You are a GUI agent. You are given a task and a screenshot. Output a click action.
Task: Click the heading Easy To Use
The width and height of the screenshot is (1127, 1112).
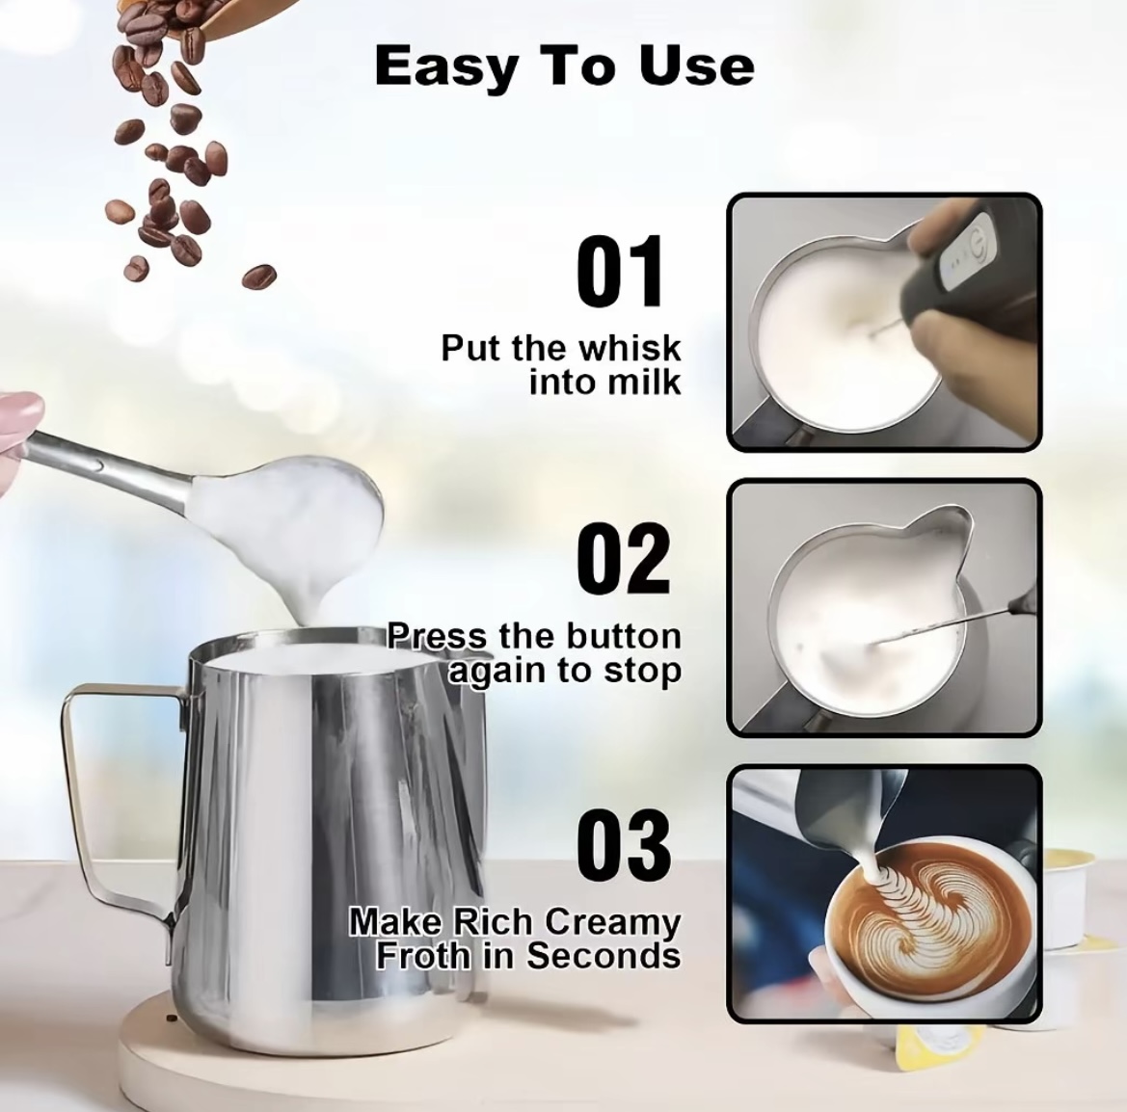click(x=564, y=66)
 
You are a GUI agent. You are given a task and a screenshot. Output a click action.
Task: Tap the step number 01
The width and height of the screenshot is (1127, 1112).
click(x=620, y=271)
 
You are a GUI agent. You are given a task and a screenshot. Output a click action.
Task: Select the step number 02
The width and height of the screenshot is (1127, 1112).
click(x=624, y=558)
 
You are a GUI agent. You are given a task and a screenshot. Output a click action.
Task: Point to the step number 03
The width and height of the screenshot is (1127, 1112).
click(x=624, y=845)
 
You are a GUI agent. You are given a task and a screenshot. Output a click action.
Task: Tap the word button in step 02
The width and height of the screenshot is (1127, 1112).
click(x=623, y=636)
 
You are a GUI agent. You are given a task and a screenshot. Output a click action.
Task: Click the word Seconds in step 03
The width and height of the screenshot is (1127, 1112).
click(x=604, y=955)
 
